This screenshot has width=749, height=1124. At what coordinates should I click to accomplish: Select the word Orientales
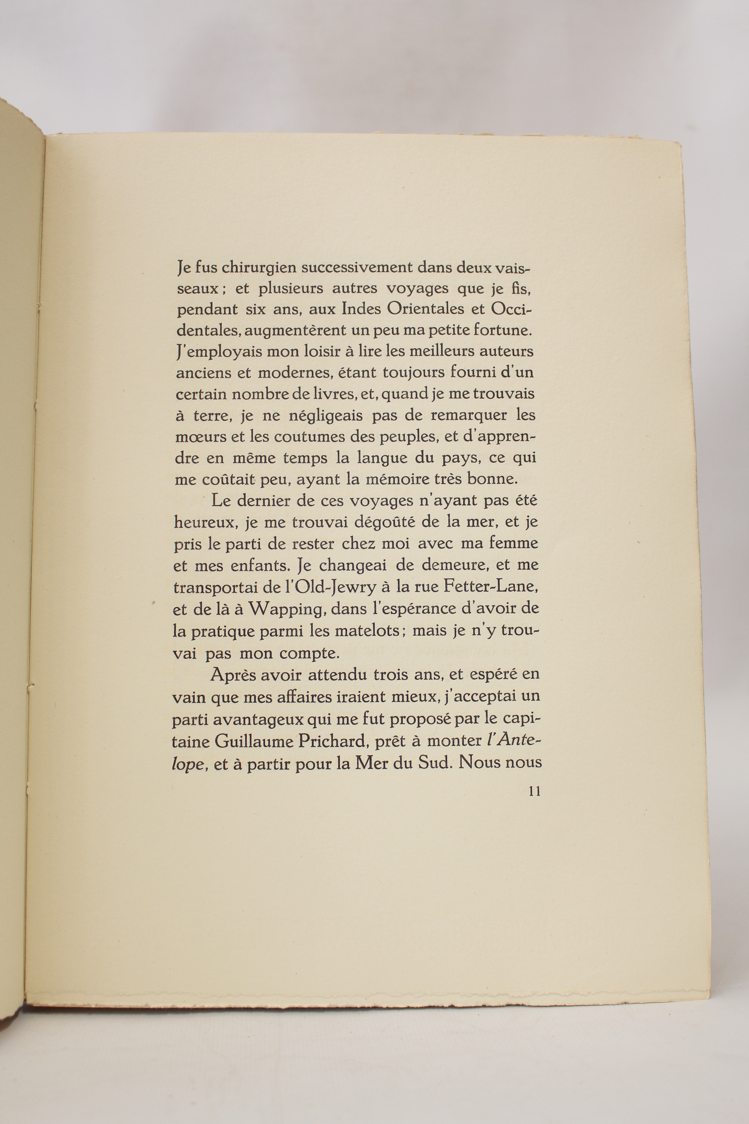[426, 309]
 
